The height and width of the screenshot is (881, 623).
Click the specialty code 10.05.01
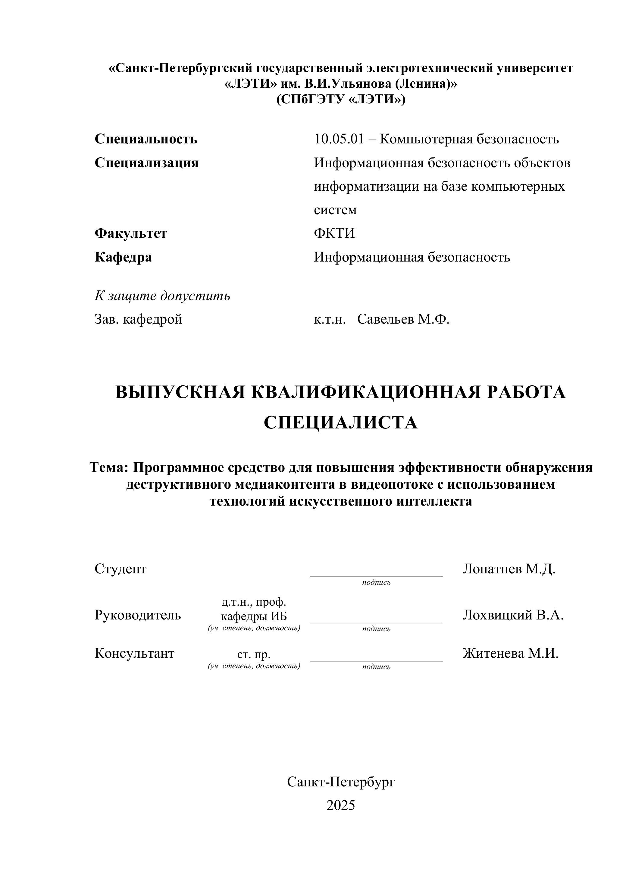[338, 139]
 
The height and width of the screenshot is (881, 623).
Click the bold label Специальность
[146, 139]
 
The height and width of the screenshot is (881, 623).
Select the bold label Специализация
[146, 163]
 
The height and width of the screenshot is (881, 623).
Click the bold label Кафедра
[123, 257]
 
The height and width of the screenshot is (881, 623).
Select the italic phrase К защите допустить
[162, 296]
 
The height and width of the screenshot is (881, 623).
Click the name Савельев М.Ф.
[403, 319]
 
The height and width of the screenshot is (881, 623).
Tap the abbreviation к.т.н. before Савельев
[330, 319]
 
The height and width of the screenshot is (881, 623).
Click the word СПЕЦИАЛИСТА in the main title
[340, 423]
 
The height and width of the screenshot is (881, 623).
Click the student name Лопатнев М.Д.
[509, 569]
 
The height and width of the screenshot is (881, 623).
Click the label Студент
[121, 569]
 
